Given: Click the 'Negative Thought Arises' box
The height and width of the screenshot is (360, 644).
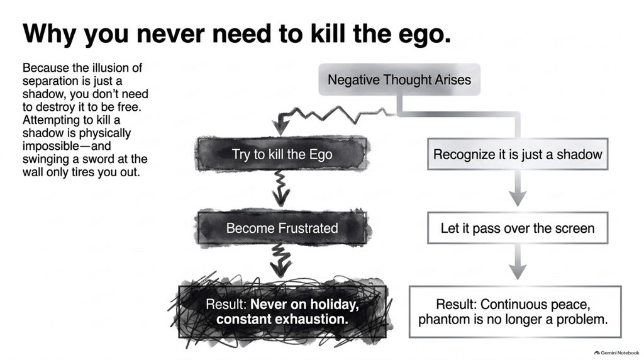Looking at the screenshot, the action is tap(399, 79).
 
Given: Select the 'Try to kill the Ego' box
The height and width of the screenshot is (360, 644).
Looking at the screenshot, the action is tap(282, 154).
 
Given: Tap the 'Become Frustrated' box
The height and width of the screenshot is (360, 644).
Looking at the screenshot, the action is tap(282, 228).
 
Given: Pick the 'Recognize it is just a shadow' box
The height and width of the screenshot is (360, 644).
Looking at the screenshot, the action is tap(518, 154).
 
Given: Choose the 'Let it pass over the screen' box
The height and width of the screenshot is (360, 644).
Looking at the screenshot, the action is tap(518, 228).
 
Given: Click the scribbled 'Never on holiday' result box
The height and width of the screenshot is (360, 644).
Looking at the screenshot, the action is tap(282, 312).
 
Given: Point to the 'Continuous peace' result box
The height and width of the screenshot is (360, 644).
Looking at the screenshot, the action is tap(515, 312).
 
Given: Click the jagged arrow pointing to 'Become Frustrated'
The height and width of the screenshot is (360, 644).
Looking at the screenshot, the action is tap(281, 189).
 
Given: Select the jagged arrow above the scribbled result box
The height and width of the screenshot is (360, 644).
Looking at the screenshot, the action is tap(281, 260).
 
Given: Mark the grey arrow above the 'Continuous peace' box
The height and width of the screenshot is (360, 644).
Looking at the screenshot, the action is tap(518, 262).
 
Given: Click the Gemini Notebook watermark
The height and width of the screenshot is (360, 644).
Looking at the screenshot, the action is tap(617, 352).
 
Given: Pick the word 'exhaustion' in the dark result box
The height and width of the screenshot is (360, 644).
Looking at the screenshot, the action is tap(282, 319).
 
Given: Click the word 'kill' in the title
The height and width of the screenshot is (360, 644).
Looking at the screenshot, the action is tap(327, 33).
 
